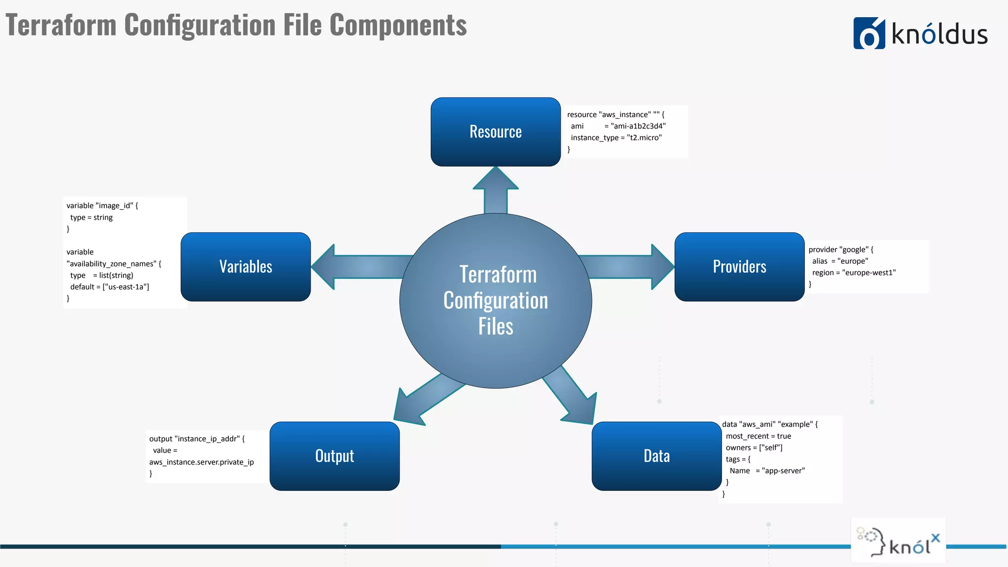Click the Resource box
tap(495, 132)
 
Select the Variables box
tap(246, 267)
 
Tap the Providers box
tap(739, 267)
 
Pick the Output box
tap(335, 456)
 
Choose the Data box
tap(657, 456)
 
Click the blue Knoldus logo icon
tap(869, 33)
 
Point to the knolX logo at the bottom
tap(898, 541)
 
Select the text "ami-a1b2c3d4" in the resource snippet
tap(638, 126)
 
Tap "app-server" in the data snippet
tap(783, 471)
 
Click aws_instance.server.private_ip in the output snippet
tap(201, 462)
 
